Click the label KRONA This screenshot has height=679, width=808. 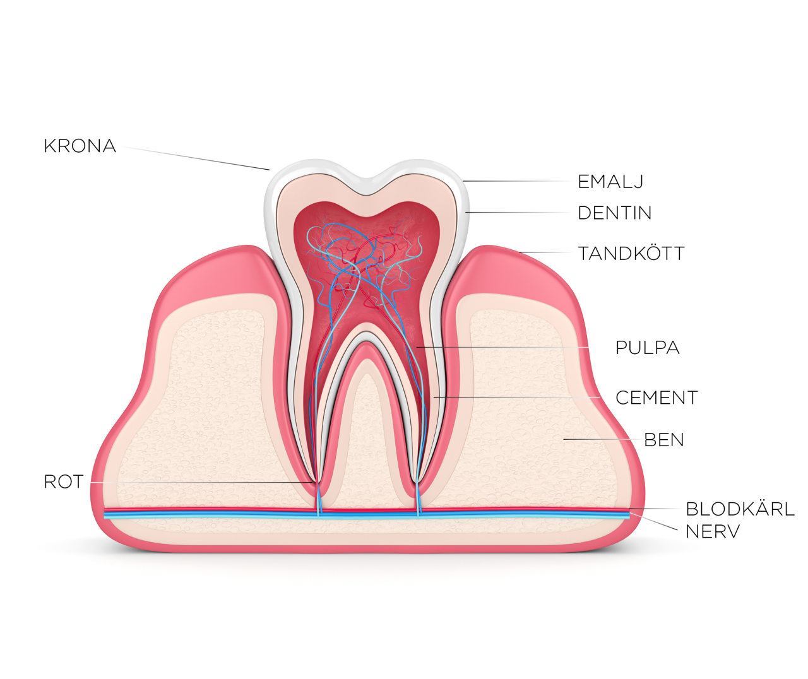(80, 146)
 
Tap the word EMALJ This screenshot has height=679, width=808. (610, 182)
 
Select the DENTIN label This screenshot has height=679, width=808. (614, 213)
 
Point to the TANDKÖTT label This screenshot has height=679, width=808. (631, 254)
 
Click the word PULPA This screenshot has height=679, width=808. (648, 348)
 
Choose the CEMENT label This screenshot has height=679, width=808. (656, 398)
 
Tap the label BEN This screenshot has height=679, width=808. (664, 440)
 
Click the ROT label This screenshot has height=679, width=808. (64, 481)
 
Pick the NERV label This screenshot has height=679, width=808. (713, 531)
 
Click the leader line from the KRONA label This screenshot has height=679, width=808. (194, 158)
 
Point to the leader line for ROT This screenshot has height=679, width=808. (201, 482)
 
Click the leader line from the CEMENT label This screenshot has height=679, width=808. (517, 397)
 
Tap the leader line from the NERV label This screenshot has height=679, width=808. (654, 521)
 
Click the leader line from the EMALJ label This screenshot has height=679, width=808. (516, 181)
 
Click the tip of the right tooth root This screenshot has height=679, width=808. (418, 482)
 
